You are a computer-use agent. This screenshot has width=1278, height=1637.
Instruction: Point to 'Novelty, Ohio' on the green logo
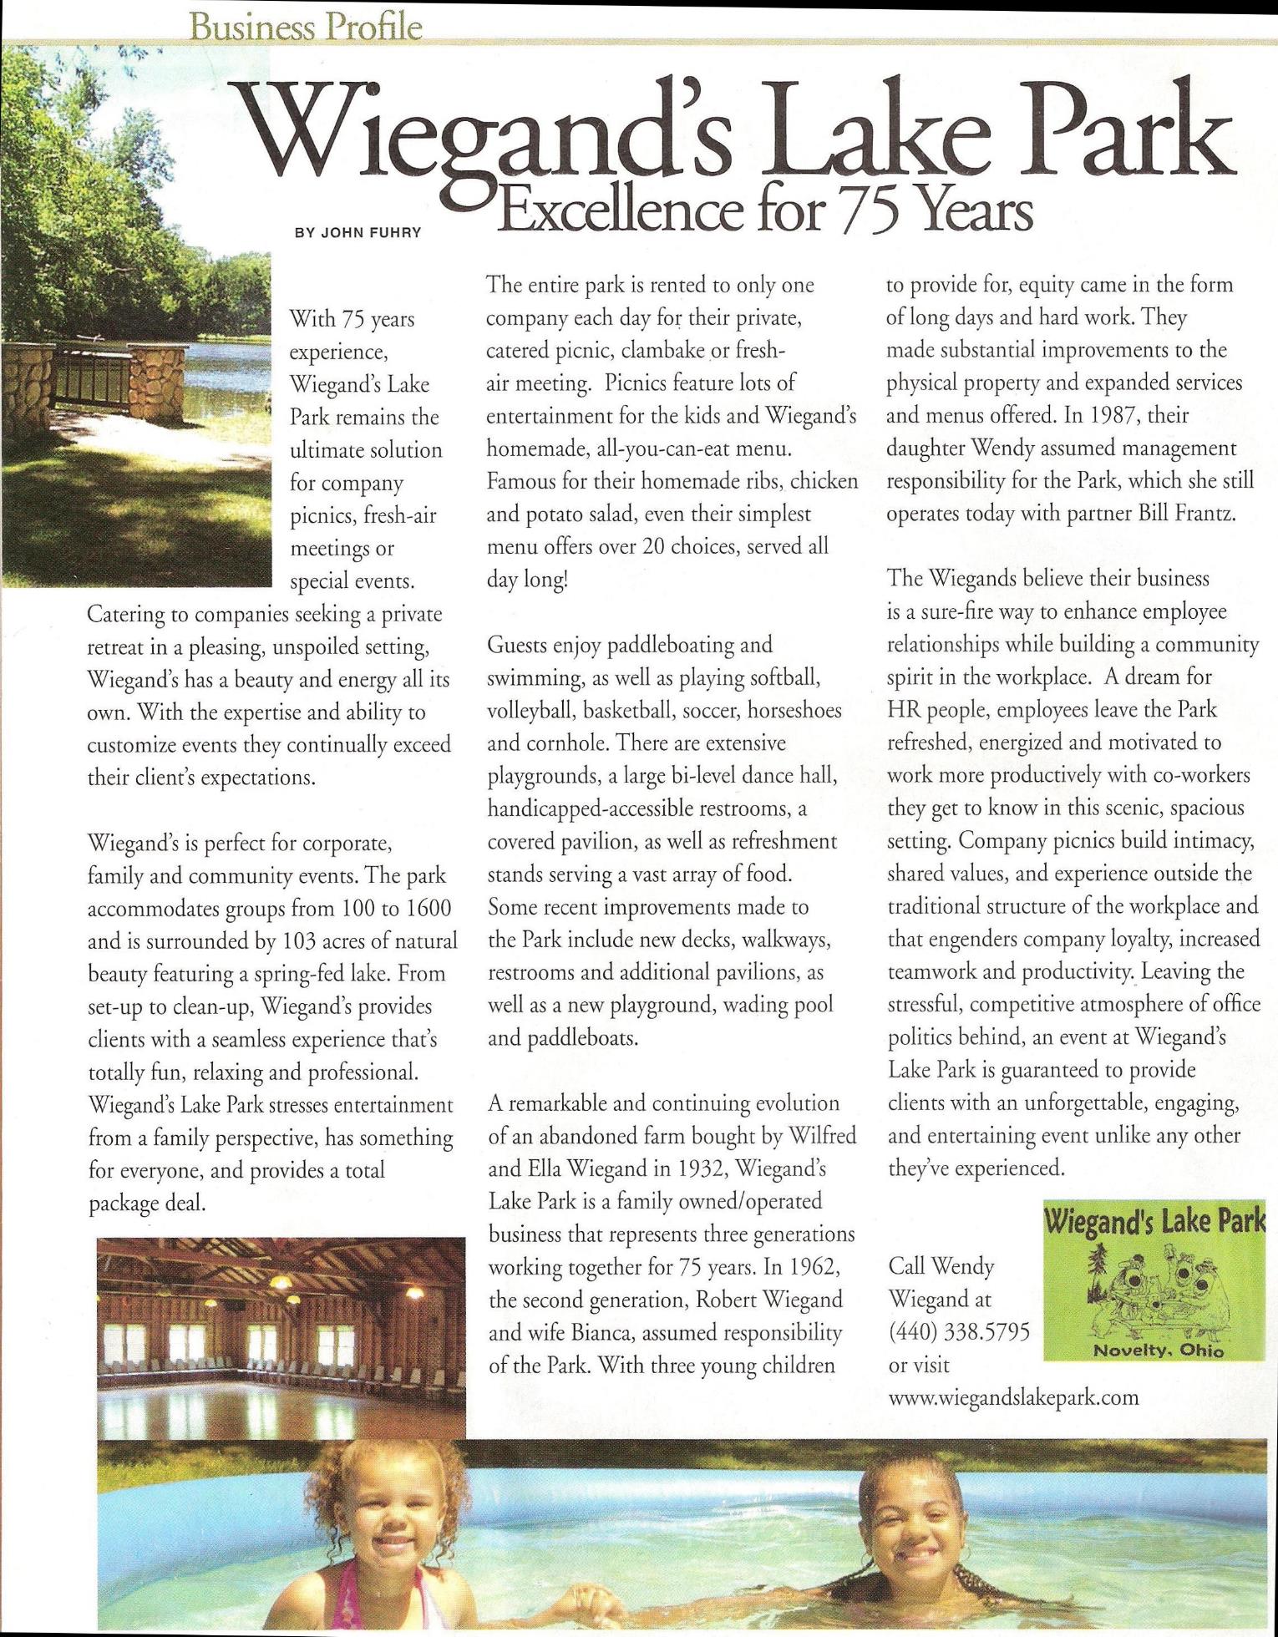pyautogui.click(x=1158, y=1351)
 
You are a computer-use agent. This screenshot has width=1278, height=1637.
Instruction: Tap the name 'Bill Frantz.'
pyautogui.click(x=1187, y=514)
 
